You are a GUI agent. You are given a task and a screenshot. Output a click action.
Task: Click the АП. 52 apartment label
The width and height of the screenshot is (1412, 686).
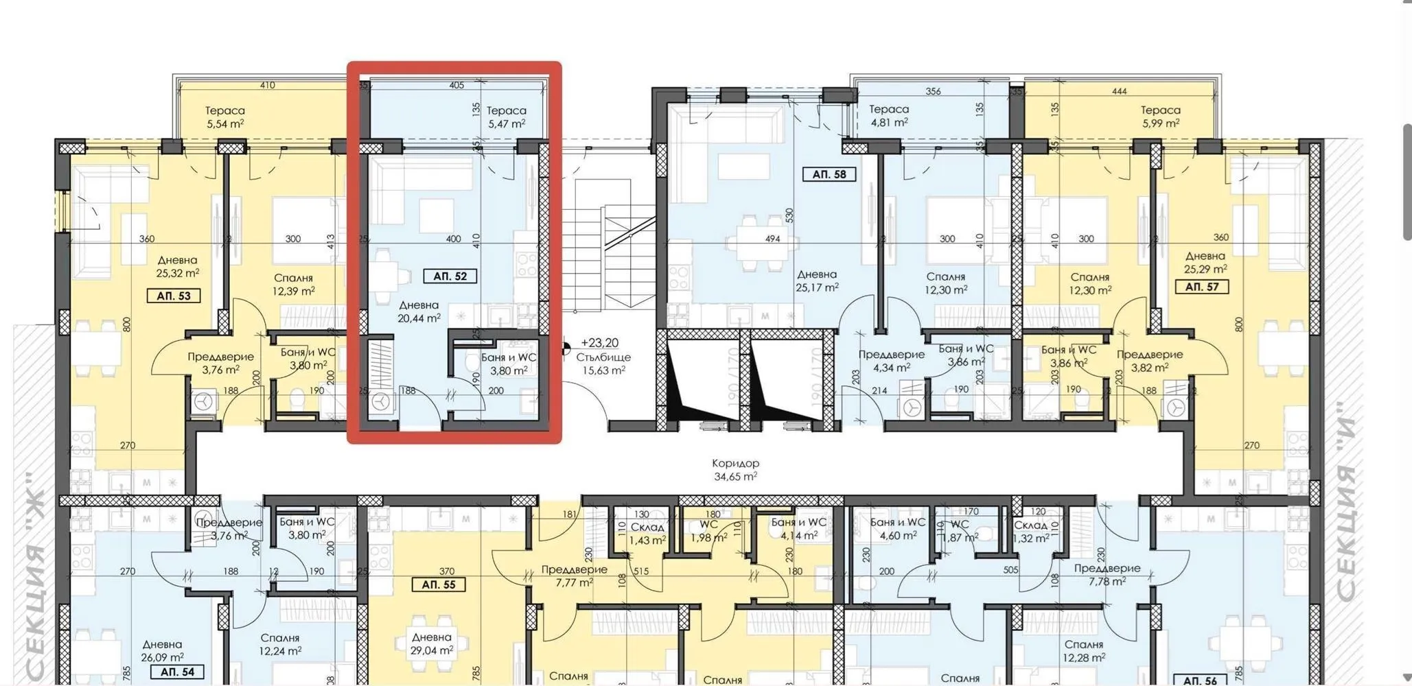pos(450,276)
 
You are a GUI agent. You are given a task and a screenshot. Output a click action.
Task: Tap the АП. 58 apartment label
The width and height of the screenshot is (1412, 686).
pos(829,174)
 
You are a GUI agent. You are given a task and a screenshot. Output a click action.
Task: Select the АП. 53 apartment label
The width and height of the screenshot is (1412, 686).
pos(174,296)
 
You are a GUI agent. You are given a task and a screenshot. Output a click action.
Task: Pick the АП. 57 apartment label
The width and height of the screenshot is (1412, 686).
pos(1202,287)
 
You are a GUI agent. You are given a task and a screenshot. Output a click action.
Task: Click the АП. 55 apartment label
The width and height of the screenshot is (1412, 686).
pos(439,585)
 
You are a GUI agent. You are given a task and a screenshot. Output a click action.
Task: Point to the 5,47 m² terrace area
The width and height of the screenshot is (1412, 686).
pos(507,124)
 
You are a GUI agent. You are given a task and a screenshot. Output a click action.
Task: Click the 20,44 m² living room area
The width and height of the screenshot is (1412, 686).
pos(419,318)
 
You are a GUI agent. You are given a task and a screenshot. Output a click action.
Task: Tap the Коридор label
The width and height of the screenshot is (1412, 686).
pos(735,463)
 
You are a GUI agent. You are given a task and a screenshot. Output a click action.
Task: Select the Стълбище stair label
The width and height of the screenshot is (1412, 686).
pos(603,357)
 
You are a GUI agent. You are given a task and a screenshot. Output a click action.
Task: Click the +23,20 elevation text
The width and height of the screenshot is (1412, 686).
pos(599,342)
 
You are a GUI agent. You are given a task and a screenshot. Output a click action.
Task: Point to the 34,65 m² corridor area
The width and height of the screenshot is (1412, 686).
pos(735,476)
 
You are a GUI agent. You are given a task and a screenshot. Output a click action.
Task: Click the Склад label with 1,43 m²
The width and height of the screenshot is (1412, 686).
pos(647,527)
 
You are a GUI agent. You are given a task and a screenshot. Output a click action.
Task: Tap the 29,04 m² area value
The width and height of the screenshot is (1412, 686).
pos(432,650)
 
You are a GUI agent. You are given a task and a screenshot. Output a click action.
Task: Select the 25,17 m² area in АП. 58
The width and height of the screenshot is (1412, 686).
pos(817,287)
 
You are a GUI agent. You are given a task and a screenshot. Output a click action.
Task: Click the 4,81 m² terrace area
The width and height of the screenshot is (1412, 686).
pos(889,123)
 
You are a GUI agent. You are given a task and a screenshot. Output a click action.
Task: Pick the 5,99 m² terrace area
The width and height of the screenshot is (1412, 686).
pos(1161,123)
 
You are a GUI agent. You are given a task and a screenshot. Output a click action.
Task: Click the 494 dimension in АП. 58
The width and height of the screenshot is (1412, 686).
pos(773,239)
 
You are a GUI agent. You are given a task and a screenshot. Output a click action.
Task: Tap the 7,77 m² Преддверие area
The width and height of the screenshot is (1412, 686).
pos(574,583)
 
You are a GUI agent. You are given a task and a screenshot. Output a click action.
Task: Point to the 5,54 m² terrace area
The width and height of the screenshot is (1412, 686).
pos(225,124)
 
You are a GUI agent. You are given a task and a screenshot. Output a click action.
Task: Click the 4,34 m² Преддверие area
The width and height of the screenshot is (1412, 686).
pos(891,368)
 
